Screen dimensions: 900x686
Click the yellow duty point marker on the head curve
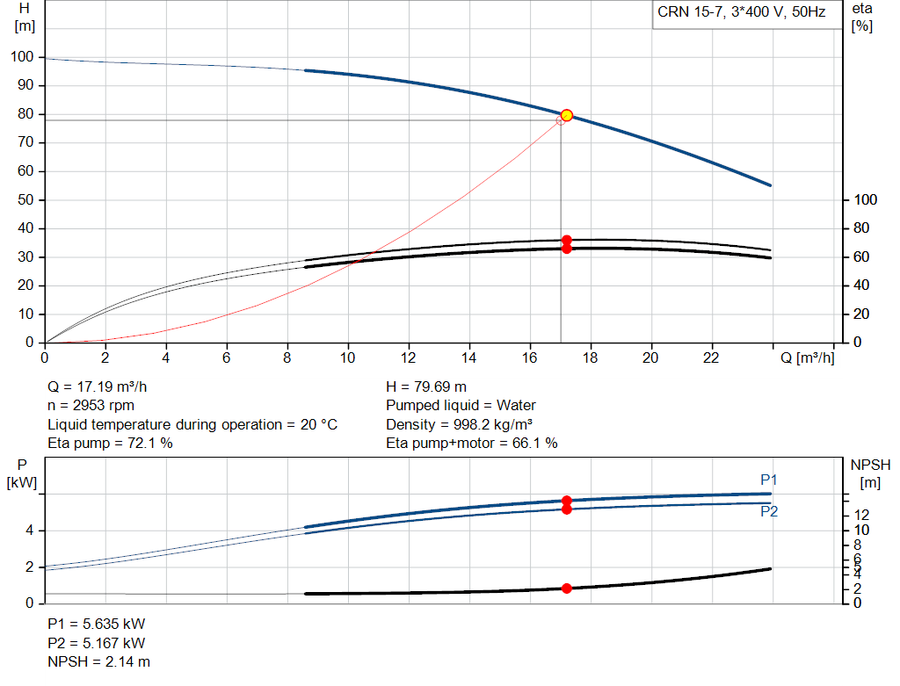[567, 115]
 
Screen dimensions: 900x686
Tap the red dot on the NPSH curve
[567, 588]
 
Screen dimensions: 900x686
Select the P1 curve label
[768, 480]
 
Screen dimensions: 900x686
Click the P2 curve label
[769, 511]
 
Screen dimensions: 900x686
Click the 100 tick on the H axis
[22, 57]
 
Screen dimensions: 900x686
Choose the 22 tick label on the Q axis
[710, 357]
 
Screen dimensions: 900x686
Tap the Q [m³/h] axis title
[807, 357]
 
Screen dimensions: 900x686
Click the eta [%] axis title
[862, 18]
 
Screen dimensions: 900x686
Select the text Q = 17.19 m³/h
[97, 386]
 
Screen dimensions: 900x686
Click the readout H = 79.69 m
[426, 386]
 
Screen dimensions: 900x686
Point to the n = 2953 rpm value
[91, 406]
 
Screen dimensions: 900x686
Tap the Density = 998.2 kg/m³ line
[459, 424]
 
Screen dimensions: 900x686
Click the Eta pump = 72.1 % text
[110, 443]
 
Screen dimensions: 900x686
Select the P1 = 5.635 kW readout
[97, 624]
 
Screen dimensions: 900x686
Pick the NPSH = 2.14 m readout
[98, 661]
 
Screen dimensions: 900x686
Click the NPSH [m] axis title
[870, 473]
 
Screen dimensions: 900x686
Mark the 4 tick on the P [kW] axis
[29, 531]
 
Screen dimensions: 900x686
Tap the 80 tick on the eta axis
[861, 228]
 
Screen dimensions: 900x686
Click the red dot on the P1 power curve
[567, 501]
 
